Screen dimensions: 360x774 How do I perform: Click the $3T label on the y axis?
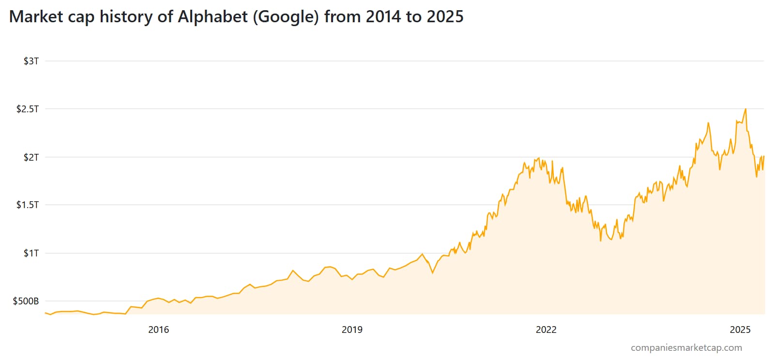31,61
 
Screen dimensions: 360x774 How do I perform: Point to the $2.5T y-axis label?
28,109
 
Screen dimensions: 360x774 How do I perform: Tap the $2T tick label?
31,157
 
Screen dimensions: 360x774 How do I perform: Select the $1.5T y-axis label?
28,205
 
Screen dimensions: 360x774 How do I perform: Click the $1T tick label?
31,253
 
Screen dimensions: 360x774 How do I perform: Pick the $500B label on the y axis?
26,301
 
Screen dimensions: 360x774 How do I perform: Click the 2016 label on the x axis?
158,330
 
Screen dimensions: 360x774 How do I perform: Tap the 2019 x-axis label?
352,330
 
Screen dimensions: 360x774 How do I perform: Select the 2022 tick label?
546,330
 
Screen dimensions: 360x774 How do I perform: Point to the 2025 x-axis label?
740,330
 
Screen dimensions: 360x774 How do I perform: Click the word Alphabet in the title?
212,17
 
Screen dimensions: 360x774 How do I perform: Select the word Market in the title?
36,17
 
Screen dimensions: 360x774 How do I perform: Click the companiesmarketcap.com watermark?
686,347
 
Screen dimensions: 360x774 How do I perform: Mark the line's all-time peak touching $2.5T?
745,109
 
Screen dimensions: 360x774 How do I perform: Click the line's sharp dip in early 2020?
432,273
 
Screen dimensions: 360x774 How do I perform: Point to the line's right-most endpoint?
764,156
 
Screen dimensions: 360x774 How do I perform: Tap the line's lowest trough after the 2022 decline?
601,240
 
